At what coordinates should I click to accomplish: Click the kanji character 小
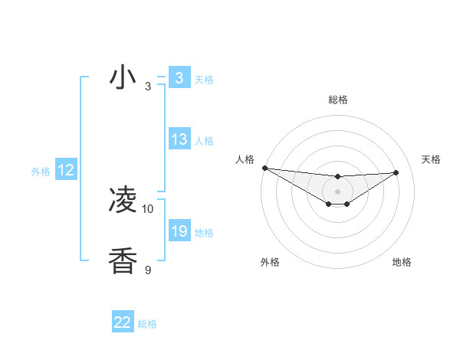(x=123, y=78)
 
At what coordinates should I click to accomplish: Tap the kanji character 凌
(x=123, y=201)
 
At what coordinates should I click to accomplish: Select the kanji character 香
(x=123, y=262)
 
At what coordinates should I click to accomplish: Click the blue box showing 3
(x=179, y=78)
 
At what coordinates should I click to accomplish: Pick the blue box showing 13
(x=179, y=139)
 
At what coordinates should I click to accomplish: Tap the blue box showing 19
(x=179, y=231)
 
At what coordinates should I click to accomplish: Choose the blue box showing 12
(x=66, y=171)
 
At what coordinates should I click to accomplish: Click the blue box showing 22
(x=123, y=322)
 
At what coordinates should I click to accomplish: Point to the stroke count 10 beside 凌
(x=148, y=208)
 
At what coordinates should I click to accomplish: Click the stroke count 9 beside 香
(x=148, y=270)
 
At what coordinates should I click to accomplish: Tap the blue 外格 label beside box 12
(x=41, y=172)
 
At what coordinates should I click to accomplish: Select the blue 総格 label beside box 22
(x=147, y=324)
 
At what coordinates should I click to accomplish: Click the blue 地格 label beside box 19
(x=204, y=233)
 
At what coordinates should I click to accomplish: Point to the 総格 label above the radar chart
(x=337, y=100)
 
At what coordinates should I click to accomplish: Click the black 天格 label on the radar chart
(x=431, y=159)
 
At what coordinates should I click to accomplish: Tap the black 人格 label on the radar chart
(x=245, y=159)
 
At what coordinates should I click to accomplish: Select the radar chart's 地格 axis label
(x=402, y=262)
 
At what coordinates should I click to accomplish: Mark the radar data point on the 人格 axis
(x=264, y=168)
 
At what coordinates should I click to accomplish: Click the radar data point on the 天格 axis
(x=396, y=172)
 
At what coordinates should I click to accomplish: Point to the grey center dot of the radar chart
(x=337, y=191)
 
